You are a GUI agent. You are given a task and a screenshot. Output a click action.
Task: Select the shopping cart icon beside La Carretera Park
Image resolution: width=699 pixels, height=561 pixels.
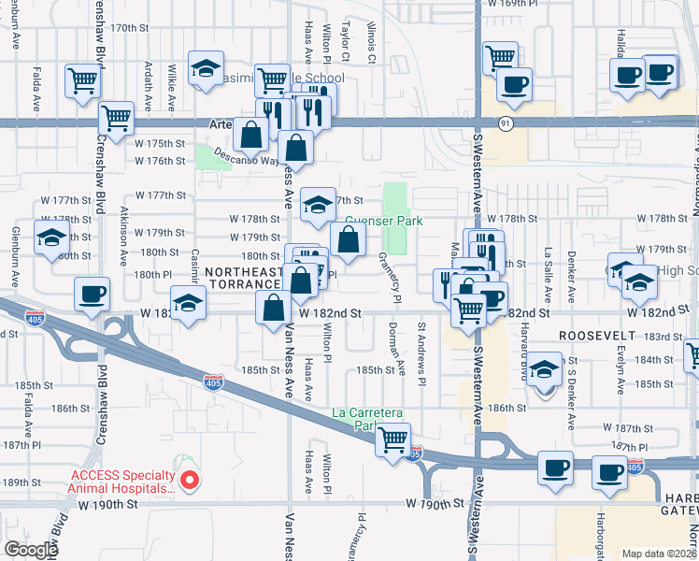point(393,438)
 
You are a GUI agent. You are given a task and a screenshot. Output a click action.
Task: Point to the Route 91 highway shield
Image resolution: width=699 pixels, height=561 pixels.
point(505,122)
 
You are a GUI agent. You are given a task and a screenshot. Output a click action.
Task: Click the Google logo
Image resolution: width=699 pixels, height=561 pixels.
point(30,550)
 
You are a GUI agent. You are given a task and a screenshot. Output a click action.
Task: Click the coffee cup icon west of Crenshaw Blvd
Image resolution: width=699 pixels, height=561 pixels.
point(93,294)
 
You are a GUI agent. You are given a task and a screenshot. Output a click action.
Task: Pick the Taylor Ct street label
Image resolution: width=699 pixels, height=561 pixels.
point(346,42)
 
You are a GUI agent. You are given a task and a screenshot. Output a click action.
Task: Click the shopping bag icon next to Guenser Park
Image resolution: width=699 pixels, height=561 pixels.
point(348,239)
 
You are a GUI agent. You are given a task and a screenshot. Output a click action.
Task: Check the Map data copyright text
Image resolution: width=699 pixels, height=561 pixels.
point(658,554)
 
